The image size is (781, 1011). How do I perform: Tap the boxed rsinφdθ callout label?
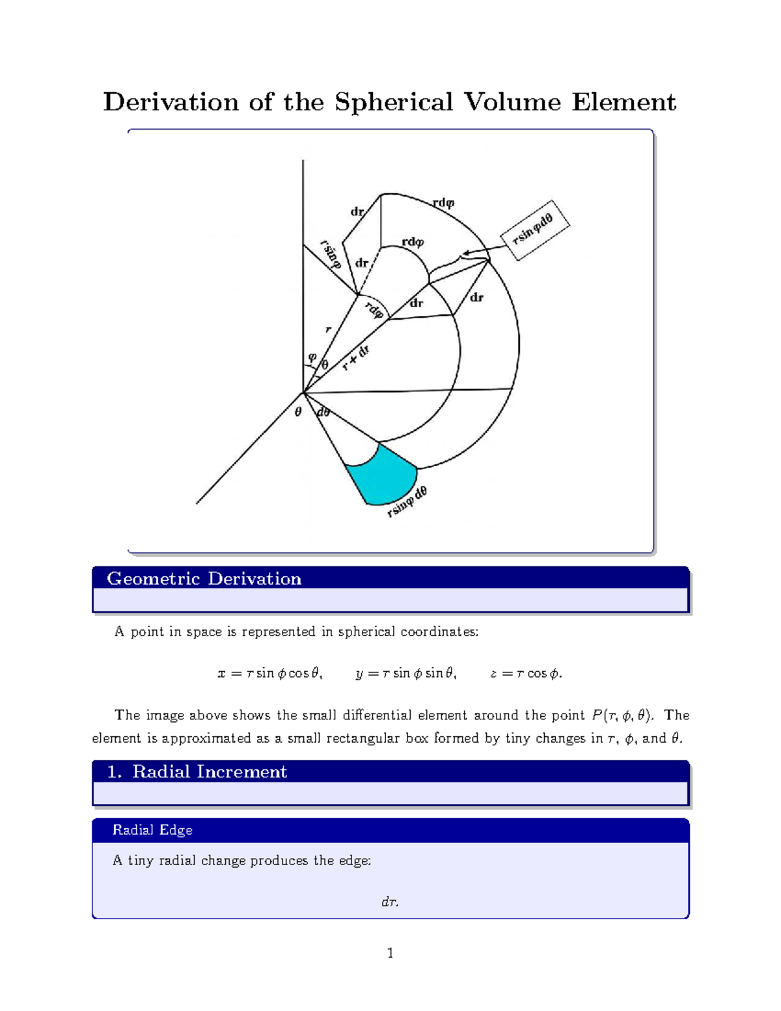pyautogui.click(x=534, y=230)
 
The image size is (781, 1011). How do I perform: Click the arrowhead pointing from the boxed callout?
pyautogui.click(x=465, y=253)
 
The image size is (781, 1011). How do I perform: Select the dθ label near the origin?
pyautogui.click(x=323, y=413)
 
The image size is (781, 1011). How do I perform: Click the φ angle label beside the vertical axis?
pyautogui.click(x=312, y=357)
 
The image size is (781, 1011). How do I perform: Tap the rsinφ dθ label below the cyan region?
pyautogui.click(x=407, y=502)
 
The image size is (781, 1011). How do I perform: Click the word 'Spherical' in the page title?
pyautogui.click(x=393, y=102)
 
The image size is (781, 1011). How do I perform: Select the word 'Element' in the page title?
pyautogui.click(x=623, y=102)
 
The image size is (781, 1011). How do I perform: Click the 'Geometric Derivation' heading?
pyautogui.click(x=204, y=579)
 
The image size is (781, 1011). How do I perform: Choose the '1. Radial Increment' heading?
pyautogui.click(x=197, y=771)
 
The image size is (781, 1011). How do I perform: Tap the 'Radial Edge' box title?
pyautogui.click(x=152, y=830)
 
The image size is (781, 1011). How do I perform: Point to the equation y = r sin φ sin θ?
pyautogui.click(x=406, y=674)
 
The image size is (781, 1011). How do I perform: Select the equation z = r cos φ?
pyautogui.click(x=526, y=674)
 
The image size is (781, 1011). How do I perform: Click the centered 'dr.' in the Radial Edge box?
pyautogui.click(x=390, y=902)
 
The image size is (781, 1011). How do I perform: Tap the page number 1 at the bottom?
pyautogui.click(x=390, y=954)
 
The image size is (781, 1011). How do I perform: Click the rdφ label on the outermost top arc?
pyautogui.click(x=443, y=203)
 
